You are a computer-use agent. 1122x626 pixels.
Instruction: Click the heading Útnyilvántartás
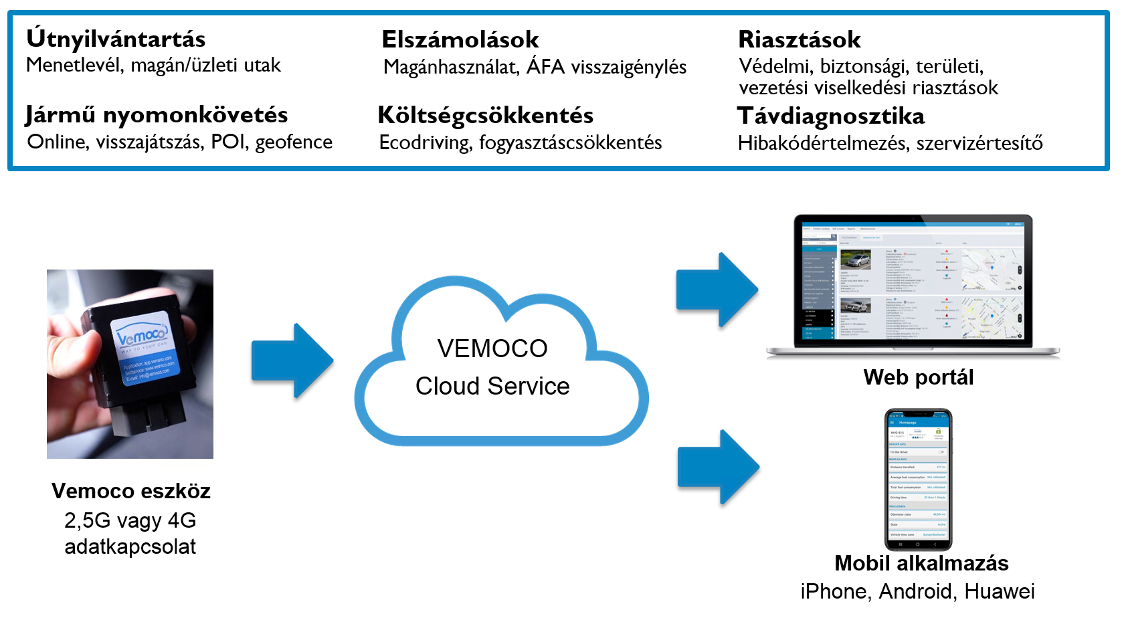(x=116, y=39)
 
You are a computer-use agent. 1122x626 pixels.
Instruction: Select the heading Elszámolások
(x=460, y=39)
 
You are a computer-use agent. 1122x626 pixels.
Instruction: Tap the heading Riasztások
(x=800, y=39)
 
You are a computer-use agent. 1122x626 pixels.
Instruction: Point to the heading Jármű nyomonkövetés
(x=157, y=114)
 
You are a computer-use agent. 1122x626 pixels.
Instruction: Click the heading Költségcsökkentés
(x=486, y=115)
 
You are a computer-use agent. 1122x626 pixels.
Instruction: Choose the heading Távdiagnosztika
(x=831, y=116)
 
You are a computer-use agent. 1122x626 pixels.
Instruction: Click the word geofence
(x=294, y=142)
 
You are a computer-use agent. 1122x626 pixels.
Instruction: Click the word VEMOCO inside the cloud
(x=492, y=348)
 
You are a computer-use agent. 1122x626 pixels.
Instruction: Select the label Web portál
(x=918, y=377)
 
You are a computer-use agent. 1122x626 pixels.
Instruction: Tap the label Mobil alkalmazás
(x=921, y=563)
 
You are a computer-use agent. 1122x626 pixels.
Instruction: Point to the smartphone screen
(x=918, y=480)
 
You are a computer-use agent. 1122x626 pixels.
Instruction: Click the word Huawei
(x=1000, y=591)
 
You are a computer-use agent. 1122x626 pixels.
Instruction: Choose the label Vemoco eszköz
(x=131, y=491)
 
